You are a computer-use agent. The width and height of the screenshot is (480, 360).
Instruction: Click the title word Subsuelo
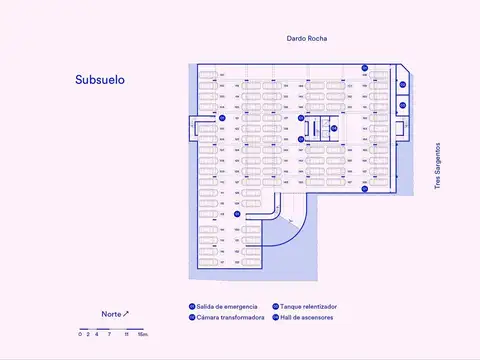pyautogui.click(x=100, y=79)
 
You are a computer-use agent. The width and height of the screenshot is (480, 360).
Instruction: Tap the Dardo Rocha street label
pyautogui.click(x=307, y=38)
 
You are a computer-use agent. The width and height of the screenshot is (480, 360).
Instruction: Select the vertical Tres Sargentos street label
pyautogui.click(x=437, y=165)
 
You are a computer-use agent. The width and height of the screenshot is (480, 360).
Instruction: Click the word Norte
pyautogui.click(x=111, y=314)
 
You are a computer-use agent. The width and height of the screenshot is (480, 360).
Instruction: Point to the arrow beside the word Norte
pyautogui.click(x=126, y=313)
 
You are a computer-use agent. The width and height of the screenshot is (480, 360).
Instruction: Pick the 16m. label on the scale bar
pyautogui.click(x=143, y=334)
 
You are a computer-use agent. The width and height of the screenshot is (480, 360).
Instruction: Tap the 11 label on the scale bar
pyautogui.click(x=126, y=334)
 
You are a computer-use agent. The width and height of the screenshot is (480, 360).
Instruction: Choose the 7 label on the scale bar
pyautogui.click(x=110, y=334)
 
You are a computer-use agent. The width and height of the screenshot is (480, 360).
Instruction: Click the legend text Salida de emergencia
pyautogui.click(x=227, y=306)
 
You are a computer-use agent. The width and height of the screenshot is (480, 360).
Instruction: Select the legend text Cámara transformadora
pyautogui.click(x=230, y=317)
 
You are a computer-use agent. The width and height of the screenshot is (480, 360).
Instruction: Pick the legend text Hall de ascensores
pyautogui.click(x=307, y=317)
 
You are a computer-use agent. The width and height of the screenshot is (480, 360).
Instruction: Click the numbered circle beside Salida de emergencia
pyautogui.click(x=192, y=306)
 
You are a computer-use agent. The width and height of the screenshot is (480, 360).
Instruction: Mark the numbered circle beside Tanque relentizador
pyautogui.click(x=275, y=306)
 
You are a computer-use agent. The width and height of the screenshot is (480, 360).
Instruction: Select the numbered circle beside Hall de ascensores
pyautogui.click(x=275, y=317)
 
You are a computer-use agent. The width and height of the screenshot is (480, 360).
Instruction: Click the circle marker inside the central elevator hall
pyautogui.click(x=333, y=128)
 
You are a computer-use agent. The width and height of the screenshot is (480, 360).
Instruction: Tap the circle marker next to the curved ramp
pyautogui.click(x=237, y=213)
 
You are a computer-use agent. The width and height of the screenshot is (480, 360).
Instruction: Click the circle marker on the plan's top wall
pyautogui.click(x=366, y=68)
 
